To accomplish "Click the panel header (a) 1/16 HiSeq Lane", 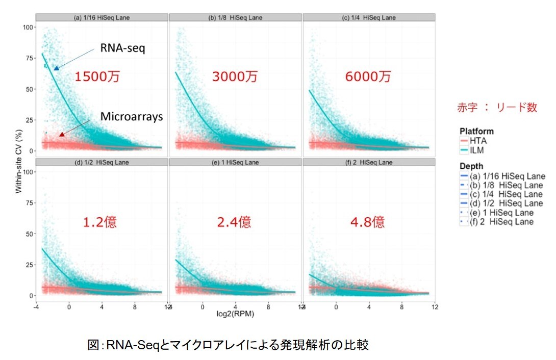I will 102,18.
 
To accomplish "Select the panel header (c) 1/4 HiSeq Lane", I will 368,18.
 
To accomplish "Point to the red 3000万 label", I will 235,77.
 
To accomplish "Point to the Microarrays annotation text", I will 131,117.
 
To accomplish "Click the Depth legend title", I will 472,167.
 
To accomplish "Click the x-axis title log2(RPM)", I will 235,315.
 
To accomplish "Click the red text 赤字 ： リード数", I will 496,108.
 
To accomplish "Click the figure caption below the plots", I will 228,345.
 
